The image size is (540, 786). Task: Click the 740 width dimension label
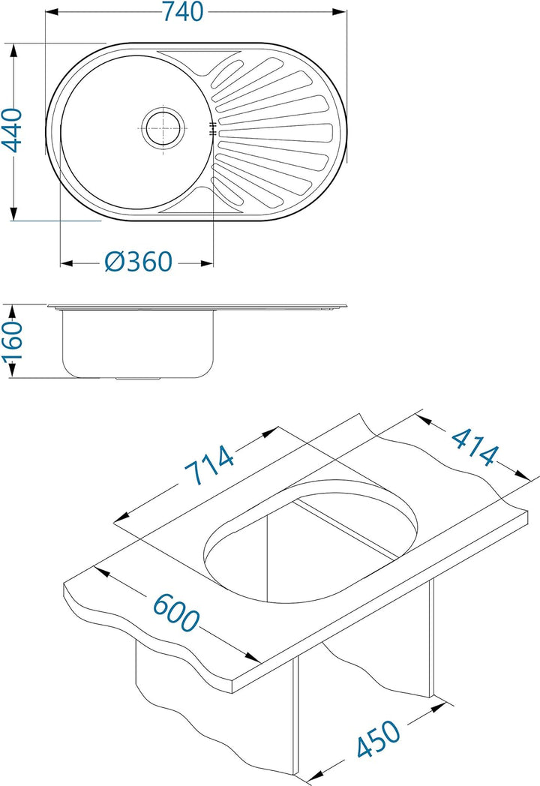pyautogui.click(x=182, y=11)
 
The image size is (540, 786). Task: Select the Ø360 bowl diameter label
pyautogui.click(x=139, y=262)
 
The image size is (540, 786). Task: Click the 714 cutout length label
pyautogui.click(x=209, y=466)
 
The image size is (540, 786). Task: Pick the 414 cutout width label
pyautogui.click(x=474, y=447)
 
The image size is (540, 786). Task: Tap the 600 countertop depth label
pyautogui.click(x=176, y=612)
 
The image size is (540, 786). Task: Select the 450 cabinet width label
pyautogui.click(x=379, y=739)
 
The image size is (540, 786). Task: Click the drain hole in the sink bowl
pyautogui.click(x=163, y=127)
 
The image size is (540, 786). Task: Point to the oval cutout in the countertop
pyautogui.click(x=310, y=541)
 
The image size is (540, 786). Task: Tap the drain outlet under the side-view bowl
pyautogui.click(x=139, y=379)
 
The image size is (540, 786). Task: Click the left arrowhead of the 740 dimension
pyautogui.click(x=51, y=11)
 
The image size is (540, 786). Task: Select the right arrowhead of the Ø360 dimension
pyautogui.click(x=208, y=262)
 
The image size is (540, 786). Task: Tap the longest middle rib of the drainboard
pyautogui.click(x=274, y=131)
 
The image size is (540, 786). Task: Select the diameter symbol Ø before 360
pyautogui.click(x=114, y=262)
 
